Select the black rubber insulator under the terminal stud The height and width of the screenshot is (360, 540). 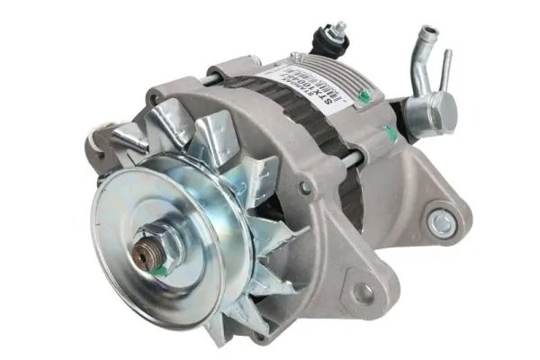[321, 43]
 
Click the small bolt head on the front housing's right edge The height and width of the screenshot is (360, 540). [307, 185]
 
